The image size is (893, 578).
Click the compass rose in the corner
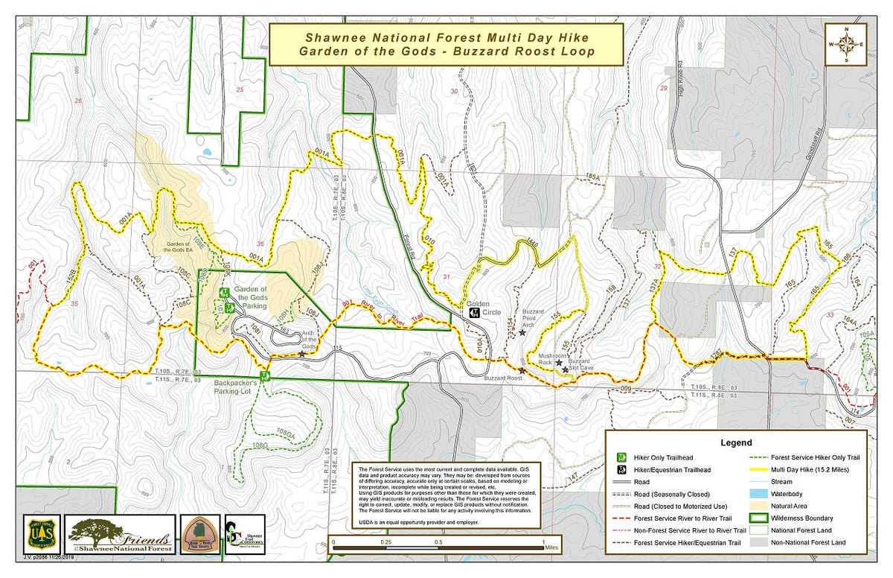[x=846, y=45]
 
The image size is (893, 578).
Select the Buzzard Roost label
[x=503, y=378]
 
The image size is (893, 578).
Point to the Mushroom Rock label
[x=553, y=356]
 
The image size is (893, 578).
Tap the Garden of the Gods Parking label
[x=251, y=299]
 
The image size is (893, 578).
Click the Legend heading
[x=736, y=442]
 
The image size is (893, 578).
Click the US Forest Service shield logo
[x=42, y=533]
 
